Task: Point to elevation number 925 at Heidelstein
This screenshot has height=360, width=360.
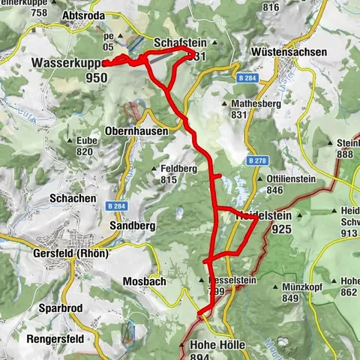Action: coord(283,229)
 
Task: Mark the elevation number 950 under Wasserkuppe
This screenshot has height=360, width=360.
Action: coord(106,76)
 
